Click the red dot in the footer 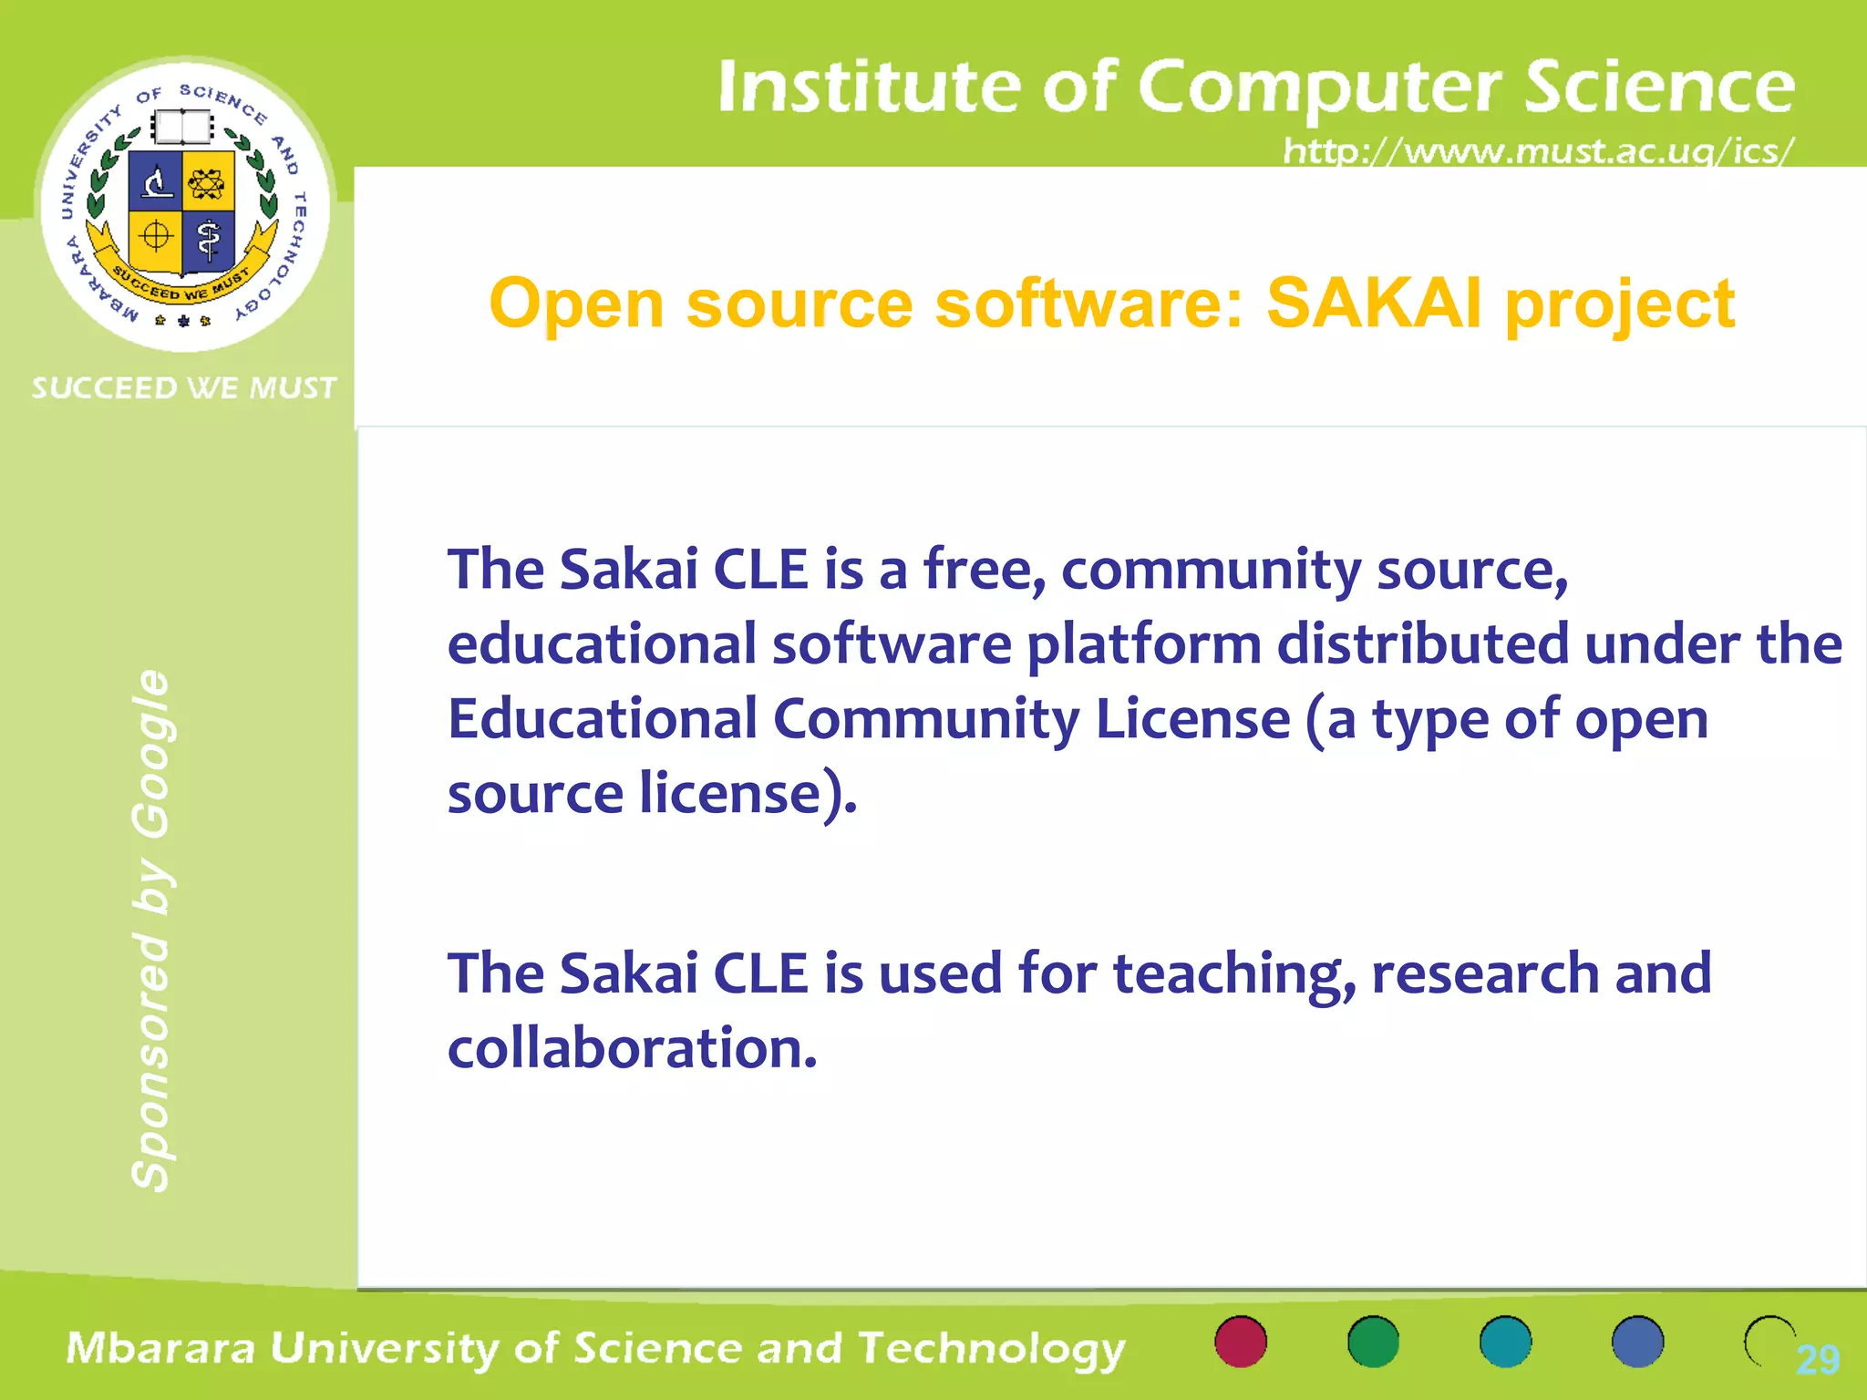pos(1241,1342)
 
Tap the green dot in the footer pos(1373,1342)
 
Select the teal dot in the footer pos(1505,1342)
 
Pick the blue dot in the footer pos(1637,1342)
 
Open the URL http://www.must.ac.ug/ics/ pos(1538,150)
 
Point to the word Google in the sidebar pos(151,754)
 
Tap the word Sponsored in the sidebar pos(151,1061)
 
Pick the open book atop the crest pos(182,128)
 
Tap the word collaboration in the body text pos(632,1048)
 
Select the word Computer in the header pos(1319,87)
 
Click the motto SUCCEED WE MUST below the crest pos(184,388)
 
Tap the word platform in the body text pos(1144,644)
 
